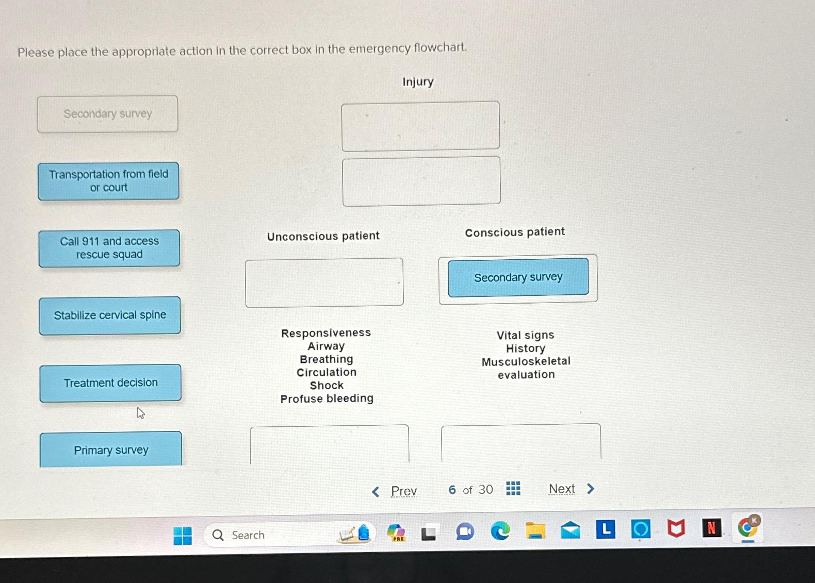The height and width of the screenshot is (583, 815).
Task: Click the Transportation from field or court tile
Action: pos(108,181)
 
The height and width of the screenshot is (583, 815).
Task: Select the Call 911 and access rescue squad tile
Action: pos(109,248)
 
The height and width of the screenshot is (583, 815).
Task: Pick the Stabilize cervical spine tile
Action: pos(110,315)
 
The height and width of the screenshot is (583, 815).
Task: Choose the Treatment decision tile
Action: pos(110,383)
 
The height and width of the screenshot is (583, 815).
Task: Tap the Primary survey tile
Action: pos(111,449)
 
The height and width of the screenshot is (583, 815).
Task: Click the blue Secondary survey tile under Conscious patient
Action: pos(518,277)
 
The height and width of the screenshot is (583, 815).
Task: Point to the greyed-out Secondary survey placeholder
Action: pos(108,114)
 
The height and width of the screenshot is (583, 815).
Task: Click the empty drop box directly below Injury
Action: pos(420,126)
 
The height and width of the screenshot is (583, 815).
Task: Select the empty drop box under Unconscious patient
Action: pos(324,282)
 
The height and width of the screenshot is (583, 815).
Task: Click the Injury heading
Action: pos(418,82)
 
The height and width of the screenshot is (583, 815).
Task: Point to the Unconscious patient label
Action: pos(323,236)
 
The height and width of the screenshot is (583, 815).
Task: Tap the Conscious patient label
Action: pos(515,232)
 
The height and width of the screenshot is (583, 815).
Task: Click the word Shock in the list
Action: pos(327,386)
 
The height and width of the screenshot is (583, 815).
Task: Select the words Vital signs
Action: pos(525,335)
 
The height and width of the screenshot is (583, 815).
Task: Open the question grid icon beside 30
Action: pos(513,488)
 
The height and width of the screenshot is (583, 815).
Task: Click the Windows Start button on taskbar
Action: pos(183,536)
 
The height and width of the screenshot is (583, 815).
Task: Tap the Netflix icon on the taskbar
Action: pos(711,528)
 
